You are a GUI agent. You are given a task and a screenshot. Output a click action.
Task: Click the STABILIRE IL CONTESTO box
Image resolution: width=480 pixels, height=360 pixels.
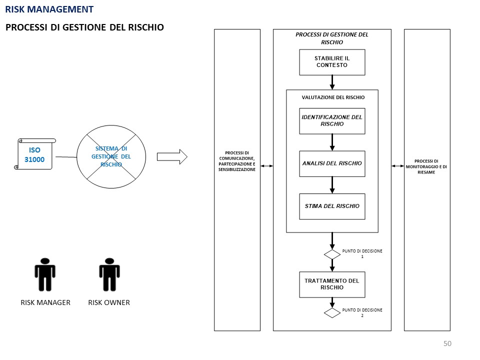pyautogui.click(x=332, y=62)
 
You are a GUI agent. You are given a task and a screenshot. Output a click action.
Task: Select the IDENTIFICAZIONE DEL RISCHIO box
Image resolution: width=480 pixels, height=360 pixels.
pyautogui.click(x=332, y=121)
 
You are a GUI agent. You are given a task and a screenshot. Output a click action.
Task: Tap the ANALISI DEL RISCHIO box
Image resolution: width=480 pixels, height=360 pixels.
pyautogui.click(x=332, y=163)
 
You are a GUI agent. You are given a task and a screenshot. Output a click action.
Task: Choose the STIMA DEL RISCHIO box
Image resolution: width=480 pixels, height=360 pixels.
pyautogui.click(x=332, y=206)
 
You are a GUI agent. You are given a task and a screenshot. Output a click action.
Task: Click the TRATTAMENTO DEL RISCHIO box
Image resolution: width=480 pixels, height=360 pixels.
pyautogui.click(x=332, y=284)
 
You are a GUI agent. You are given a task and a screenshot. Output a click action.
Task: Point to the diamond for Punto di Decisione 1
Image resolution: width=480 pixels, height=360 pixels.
pyautogui.click(x=332, y=254)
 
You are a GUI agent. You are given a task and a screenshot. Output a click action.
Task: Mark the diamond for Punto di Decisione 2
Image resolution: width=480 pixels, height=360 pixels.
pyautogui.click(x=332, y=313)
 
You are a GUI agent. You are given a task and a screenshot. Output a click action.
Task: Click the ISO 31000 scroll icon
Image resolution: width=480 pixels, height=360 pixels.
pyautogui.click(x=34, y=154)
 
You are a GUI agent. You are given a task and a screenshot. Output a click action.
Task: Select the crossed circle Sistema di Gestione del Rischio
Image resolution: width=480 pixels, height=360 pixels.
pyautogui.click(x=111, y=156)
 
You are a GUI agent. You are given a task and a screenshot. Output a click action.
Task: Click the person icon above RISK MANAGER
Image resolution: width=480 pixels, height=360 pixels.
pyautogui.click(x=45, y=274)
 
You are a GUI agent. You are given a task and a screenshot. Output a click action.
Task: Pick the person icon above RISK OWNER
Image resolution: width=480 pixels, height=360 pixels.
pyautogui.click(x=109, y=274)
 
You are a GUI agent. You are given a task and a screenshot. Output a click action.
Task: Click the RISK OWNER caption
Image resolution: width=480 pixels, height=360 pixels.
pyautogui.click(x=109, y=302)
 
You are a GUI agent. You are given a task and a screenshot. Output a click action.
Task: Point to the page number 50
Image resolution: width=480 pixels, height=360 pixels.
pyautogui.click(x=447, y=343)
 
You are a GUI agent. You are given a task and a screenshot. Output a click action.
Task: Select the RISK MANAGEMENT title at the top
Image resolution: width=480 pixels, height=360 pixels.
pyautogui.click(x=49, y=9)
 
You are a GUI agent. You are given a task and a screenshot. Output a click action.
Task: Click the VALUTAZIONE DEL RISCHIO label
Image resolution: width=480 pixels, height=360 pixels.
pyautogui.click(x=333, y=97)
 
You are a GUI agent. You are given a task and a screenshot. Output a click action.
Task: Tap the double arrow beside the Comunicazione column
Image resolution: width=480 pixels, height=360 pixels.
pyautogui.click(x=266, y=165)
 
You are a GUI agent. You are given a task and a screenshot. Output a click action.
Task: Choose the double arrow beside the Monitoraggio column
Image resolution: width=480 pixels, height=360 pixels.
pyautogui.click(x=398, y=165)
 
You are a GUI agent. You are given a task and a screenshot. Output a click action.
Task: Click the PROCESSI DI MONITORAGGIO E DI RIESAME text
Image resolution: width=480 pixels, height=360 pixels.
pyautogui.click(x=427, y=166)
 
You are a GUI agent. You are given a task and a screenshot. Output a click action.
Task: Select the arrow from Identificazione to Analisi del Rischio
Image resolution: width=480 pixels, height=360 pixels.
pyautogui.click(x=332, y=142)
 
